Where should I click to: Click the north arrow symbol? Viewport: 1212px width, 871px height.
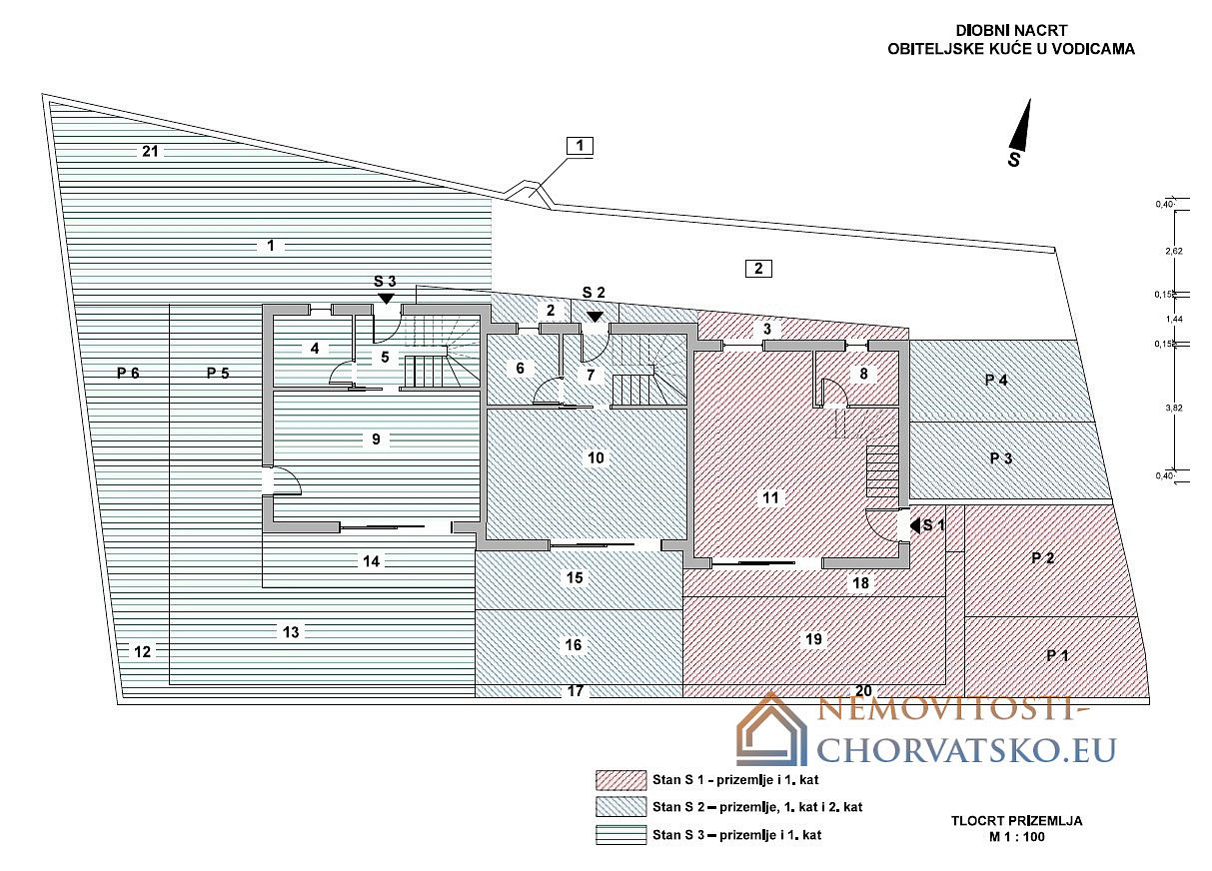click(x=1020, y=126)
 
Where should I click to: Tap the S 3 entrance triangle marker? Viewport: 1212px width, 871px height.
click(x=386, y=298)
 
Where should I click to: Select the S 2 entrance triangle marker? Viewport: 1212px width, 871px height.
click(x=595, y=317)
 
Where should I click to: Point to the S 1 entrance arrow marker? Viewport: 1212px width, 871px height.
click(x=915, y=525)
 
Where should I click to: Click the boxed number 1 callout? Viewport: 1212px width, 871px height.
click(x=580, y=146)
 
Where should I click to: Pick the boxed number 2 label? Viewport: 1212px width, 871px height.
click(x=758, y=269)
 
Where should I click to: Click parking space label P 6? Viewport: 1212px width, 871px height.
click(x=128, y=373)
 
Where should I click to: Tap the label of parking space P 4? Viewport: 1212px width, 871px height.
click(x=996, y=381)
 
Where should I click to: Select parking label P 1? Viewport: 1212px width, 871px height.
click(x=1057, y=655)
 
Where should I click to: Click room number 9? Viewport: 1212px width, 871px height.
click(x=376, y=439)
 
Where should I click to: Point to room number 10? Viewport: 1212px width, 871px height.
click(x=596, y=458)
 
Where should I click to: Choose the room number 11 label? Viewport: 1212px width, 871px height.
click(x=770, y=497)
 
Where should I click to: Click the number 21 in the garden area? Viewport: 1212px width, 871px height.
click(x=150, y=152)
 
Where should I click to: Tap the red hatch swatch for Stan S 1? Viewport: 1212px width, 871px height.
click(x=621, y=781)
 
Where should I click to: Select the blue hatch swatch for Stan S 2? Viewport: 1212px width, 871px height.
click(x=621, y=807)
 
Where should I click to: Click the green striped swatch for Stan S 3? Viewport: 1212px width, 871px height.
click(x=621, y=835)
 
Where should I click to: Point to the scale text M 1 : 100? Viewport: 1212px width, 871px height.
click(x=1017, y=837)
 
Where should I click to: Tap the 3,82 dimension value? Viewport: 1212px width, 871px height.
click(x=1174, y=408)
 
